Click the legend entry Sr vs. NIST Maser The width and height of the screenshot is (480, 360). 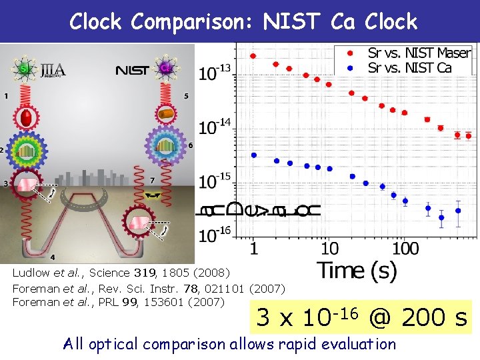tap(419, 53)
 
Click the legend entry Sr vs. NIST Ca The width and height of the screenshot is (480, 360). tap(409, 67)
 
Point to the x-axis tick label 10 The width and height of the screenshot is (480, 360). tap(329, 249)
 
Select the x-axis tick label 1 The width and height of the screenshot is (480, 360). tap(253, 249)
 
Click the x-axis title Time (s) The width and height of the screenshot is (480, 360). tap(357, 271)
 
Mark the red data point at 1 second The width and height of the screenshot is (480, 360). tap(253, 56)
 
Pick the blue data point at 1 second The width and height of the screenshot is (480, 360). tap(253, 155)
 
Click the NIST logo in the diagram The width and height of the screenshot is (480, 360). tap(131, 69)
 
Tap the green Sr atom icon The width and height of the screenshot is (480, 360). tap(25, 68)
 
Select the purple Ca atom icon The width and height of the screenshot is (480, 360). tap(165, 67)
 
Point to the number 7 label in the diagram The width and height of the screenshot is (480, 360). tap(153, 180)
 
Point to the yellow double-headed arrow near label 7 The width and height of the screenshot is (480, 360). tap(153, 195)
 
